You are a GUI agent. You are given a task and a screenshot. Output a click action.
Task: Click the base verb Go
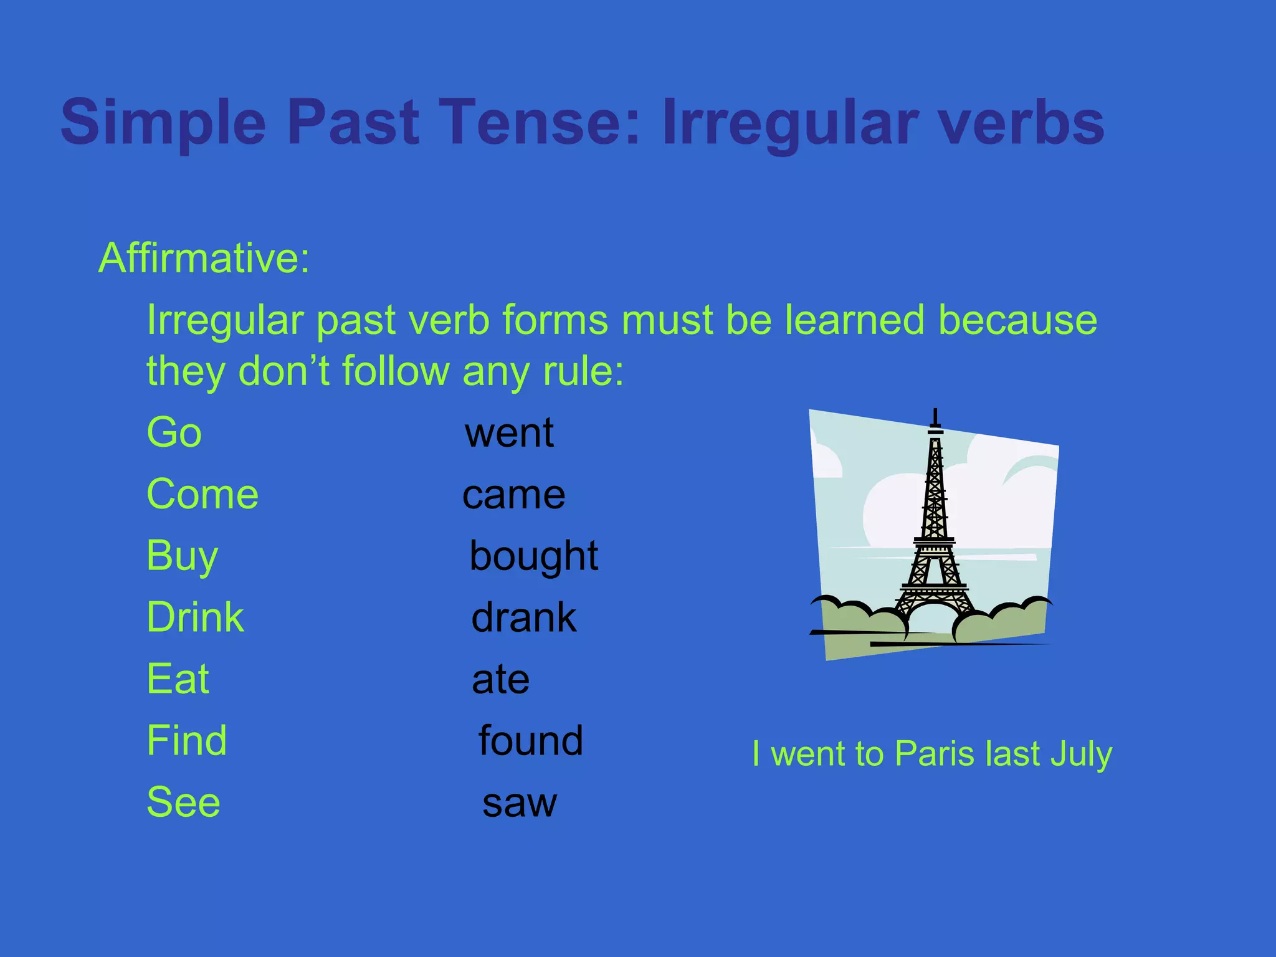coord(174,432)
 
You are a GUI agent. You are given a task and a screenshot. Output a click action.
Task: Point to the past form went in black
coord(509,432)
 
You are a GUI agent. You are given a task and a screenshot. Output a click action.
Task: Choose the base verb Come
coord(202,494)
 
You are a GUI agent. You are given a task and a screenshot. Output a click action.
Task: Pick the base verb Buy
coord(182,556)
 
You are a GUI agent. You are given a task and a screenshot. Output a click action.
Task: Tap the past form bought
coord(534,556)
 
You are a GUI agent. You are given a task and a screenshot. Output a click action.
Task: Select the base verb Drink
coord(195,617)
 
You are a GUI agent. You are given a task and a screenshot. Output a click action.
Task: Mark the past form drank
coord(524,617)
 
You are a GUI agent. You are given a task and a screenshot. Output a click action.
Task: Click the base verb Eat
coord(178,678)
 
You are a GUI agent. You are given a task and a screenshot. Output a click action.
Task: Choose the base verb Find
coord(186,740)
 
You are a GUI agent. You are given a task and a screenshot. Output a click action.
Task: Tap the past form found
coord(531,740)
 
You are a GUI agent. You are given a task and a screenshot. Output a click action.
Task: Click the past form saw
coord(520,802)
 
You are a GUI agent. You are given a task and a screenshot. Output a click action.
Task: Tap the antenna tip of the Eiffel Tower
coord(935,411)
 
